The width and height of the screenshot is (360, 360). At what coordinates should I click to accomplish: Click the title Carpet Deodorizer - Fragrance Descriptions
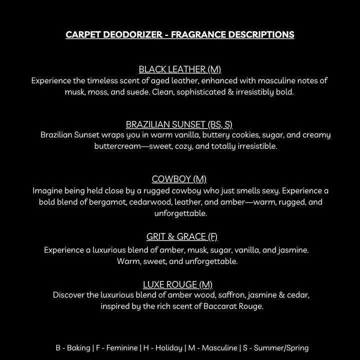click(180, 35)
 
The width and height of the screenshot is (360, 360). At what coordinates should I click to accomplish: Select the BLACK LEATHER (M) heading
click(179, 69)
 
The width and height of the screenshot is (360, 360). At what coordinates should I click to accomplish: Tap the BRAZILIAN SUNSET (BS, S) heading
click(179, 124)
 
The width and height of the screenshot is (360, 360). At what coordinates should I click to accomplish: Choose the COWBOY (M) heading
click(179, 179)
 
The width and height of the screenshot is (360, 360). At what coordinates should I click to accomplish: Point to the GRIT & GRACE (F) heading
click(182, 236)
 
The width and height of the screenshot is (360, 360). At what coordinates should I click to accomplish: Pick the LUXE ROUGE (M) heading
click(178, 284)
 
